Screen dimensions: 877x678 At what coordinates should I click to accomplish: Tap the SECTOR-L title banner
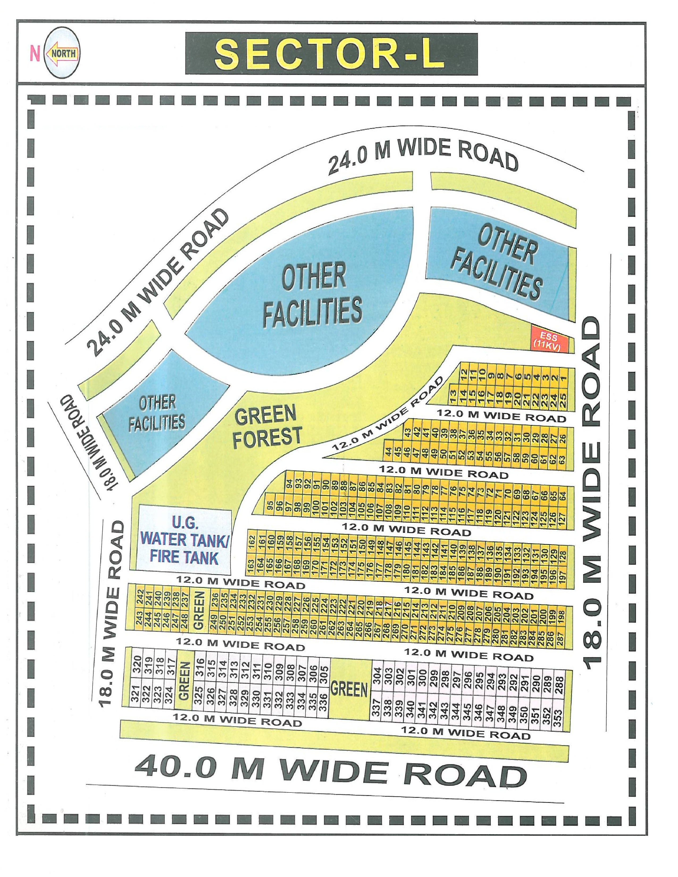click(x=331, y=53)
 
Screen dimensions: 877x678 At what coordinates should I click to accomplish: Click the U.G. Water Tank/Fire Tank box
click(x=184, y=540)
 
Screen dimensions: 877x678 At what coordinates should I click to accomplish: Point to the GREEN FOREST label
click(x=267, y=427)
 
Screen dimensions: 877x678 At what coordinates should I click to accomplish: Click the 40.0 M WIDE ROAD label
click(x=330, y=771)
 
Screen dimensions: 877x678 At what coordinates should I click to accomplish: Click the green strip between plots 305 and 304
click(x=349, y=689)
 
